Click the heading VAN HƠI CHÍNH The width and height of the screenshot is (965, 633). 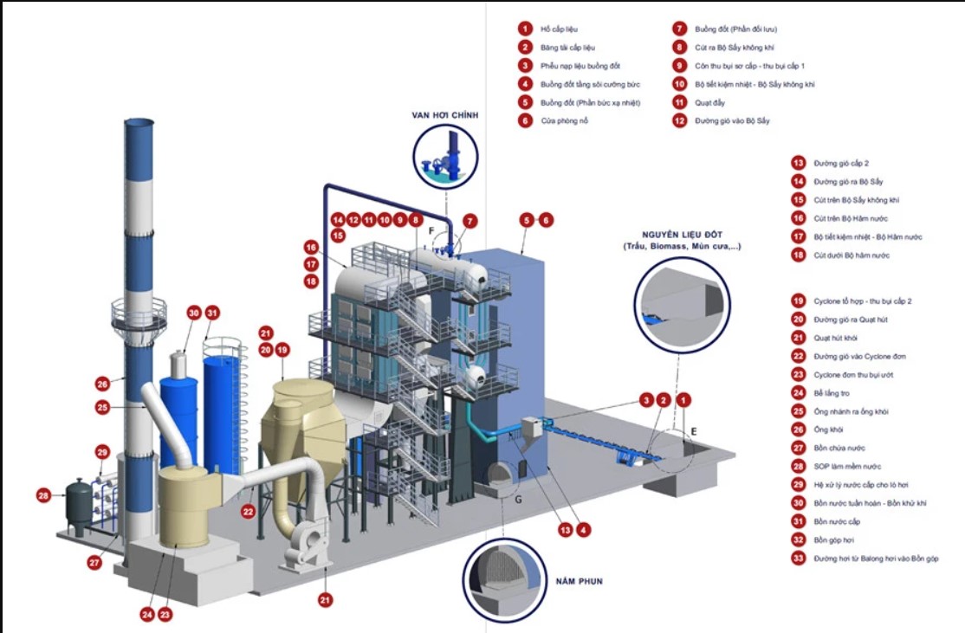tap(447, 115)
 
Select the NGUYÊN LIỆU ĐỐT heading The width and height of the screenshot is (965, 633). tap(681, 234)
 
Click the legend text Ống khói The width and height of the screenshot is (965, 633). tap(826, 430)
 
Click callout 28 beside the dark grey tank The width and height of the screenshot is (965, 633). tap(44, 496)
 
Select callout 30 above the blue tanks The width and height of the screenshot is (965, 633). tap(193, 313)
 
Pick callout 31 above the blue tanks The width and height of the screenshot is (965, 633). tap(212, 313)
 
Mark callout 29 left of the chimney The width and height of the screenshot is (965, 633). tap(102, 452)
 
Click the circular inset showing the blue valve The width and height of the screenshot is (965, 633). tap(448, 156)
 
